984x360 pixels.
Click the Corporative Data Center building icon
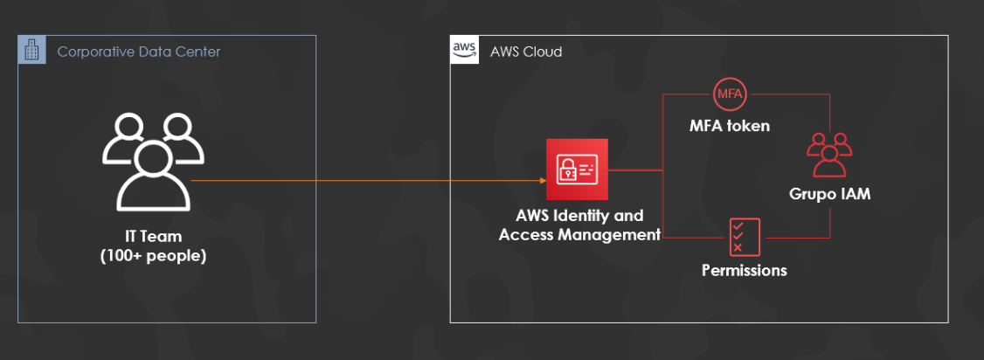[x=31, y=50]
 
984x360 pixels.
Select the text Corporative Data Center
[x=138, y=52]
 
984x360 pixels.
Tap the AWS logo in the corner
[x=464, y=50]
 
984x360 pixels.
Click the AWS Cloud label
[x=526, y=52]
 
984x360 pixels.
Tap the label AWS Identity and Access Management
[x=579, y=225]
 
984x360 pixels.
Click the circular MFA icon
[x=729, y=93]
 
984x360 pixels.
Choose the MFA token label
[x=729, y=126]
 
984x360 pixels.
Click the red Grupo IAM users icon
[x=828, y=155]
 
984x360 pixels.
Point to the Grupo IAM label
[x=828, y=194]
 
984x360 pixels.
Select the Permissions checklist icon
[x=745, y=237]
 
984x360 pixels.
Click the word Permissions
[x=745, y=270]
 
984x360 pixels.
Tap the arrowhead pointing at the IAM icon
[x=542, y=181]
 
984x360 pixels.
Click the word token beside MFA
[x=750, y=126]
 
